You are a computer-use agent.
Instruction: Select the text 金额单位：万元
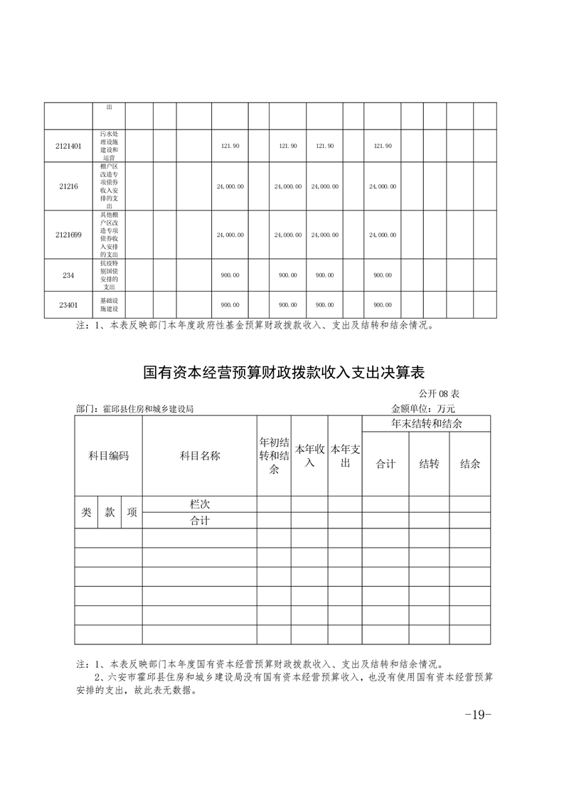click(423, 408)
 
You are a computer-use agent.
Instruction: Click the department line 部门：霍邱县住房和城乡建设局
click(135, 409)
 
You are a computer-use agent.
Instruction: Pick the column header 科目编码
click(108, 456)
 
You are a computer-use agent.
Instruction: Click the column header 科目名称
click(200, 456)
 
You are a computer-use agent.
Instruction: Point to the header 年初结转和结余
click(274, 456)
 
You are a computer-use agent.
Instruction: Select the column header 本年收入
click(310, 456)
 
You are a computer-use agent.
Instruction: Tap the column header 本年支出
click(346, 456)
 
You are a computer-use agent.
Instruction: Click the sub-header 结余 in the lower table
click(470, 464)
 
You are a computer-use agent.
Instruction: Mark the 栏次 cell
click(200, 504)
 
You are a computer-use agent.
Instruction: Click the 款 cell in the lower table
click(110, 512)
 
